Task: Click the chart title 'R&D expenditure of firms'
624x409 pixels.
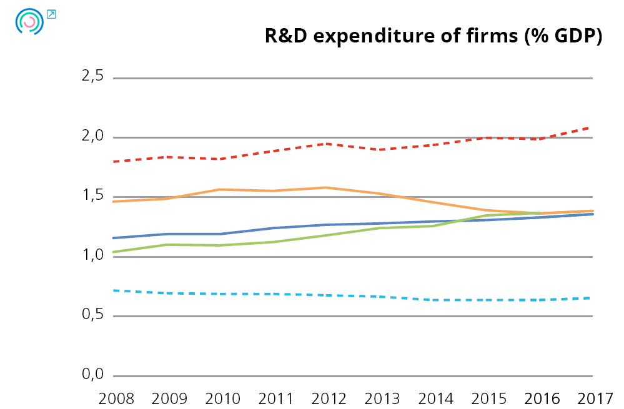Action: (x=433, y=37)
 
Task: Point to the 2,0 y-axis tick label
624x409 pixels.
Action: (x=92, y=137)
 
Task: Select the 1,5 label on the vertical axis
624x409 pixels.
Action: (x=92, y=196)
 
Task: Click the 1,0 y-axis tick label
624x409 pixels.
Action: (x=92, y=256)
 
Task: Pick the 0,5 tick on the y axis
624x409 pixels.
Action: (x=92, y=315)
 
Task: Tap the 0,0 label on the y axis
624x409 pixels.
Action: (x=92, y=375)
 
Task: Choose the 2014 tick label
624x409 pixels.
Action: (x=432, y=397)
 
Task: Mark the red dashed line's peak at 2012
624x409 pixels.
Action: (x=325, y=144)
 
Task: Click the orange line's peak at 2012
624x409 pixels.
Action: (x=325, y=187)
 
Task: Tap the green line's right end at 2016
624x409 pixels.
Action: (x=538, y=213)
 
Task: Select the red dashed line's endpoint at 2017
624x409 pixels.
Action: (x=591, y=127)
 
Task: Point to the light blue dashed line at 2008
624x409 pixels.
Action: (x=114, y=290)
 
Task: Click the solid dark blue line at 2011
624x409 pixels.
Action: (x=272, y=228)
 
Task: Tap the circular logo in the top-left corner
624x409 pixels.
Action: (x=29, y=22)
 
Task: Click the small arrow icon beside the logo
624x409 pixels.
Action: (x=51, y=14)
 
